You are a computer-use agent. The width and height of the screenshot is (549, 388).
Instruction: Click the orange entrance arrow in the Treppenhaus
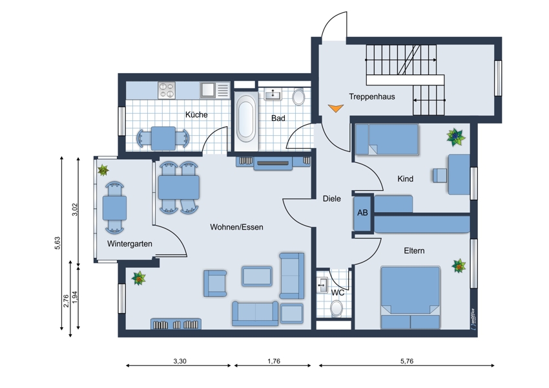(x=335, y=108)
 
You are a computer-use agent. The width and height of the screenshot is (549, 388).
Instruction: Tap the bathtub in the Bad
(x=245, y=116)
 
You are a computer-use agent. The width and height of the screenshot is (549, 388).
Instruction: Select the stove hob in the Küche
(x=166, y=91)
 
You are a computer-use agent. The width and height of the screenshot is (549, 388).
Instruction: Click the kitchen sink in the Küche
(x=207, y=90)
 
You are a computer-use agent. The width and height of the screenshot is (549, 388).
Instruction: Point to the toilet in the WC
(x=337, y=308)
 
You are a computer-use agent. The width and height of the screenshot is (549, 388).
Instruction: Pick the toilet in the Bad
(x=298, y=97)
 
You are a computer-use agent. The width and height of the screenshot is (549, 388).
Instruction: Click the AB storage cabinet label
(x=362, y=212)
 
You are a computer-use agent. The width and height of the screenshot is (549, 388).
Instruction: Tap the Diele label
(x=331, y=199)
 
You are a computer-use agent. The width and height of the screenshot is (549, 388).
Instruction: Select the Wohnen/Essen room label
(x=236, y=227)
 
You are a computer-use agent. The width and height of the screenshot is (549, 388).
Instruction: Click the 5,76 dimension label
(x=407, y=361)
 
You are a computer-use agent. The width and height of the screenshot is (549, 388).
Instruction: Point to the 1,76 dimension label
(x=274, y=361)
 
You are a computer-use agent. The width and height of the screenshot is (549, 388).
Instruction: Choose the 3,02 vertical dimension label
(x=74, y=210)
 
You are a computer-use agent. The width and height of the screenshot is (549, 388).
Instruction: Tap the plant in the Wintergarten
(x=103, y=170)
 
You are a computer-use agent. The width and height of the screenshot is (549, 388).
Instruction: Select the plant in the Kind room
(x=456, y=136)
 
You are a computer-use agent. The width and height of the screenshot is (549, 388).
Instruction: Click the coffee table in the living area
(x=257, y=276)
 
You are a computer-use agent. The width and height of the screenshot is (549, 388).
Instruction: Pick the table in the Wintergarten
(x=114, y=208)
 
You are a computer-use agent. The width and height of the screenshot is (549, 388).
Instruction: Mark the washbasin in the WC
(x=322, y=285)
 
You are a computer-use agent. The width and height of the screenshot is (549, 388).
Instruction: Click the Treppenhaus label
(x=372, y=97)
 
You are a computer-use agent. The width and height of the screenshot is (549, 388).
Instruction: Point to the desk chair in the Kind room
(x=440, y=175)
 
